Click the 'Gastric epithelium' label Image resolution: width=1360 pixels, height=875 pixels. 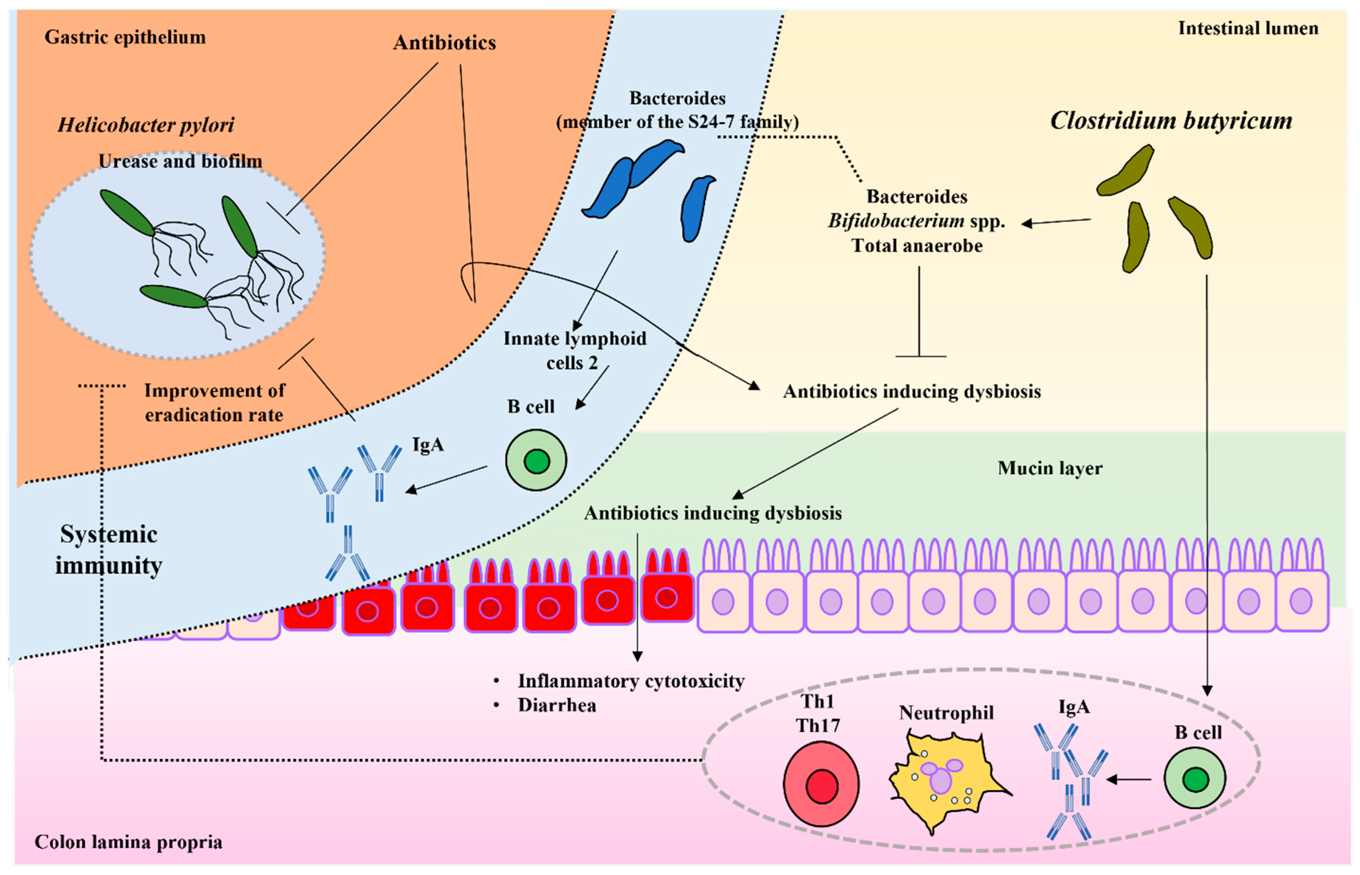click(x=125, y=37)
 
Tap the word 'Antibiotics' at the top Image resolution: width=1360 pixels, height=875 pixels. click(x=444, y=43)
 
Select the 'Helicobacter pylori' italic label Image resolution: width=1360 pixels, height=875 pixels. click(x=146, y=125)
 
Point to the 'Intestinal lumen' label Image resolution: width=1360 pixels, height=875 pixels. click(x=1248, y=28)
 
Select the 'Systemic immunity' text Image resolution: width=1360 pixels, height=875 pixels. click(x=109, y=550)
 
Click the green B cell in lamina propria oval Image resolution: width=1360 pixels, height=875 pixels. click(x=1195, y=779)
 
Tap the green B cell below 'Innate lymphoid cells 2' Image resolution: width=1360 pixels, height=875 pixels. click(x=536, y=460)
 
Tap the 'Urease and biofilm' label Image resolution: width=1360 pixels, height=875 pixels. click(x=180, y=161)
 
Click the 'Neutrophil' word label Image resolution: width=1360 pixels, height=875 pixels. click(x=946, y=713)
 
